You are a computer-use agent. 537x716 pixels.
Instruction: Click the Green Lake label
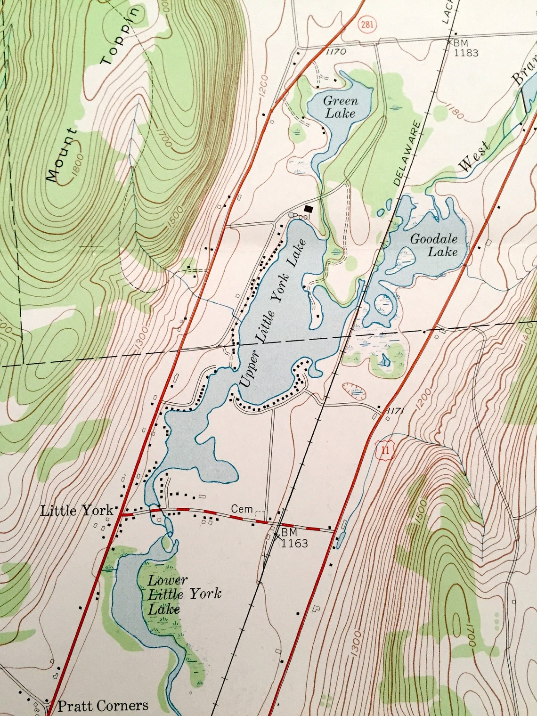coord(341,107)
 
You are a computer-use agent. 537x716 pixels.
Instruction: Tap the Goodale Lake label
coord(434,245)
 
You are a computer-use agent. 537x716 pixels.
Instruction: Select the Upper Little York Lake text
coord(274,313)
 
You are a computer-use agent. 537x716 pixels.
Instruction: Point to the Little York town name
coord(77,511)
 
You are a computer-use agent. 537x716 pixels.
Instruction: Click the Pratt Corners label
coord(102,706)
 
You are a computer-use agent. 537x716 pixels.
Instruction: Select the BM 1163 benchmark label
coord(294,537)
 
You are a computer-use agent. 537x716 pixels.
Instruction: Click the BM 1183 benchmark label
coord(465,48)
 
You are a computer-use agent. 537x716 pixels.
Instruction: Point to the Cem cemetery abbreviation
coord(242,509)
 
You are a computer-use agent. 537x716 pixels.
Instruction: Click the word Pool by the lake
coord(301,217)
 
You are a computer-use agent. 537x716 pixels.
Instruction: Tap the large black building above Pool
coord(309,208)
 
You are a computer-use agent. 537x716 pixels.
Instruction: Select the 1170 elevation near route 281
coord(336,52)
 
